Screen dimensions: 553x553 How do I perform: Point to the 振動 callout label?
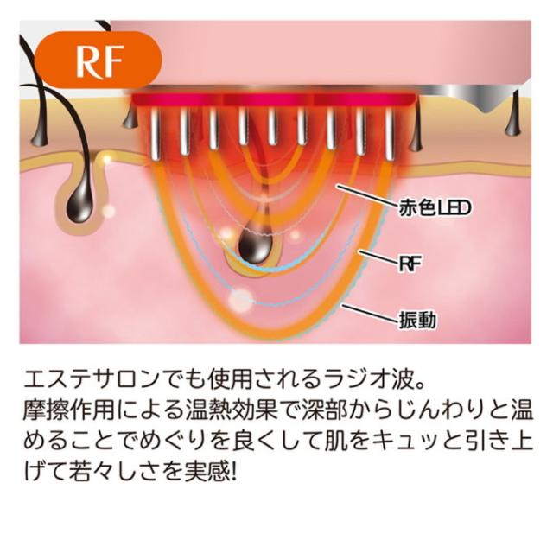point(416,321)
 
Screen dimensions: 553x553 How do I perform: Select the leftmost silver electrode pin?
point(157,135)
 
